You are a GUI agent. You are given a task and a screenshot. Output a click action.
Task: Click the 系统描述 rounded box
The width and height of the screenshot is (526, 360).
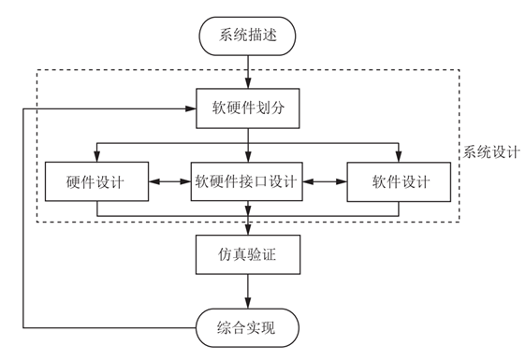[248, 37]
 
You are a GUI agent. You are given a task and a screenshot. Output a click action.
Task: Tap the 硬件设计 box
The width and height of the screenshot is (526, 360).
[96, 181]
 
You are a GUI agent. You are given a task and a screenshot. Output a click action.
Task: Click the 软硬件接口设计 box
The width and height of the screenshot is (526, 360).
[248, 181]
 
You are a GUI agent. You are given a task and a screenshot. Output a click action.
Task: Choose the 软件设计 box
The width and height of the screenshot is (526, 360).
[400, 181]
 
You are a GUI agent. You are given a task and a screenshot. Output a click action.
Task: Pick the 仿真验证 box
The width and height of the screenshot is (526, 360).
[248, 253]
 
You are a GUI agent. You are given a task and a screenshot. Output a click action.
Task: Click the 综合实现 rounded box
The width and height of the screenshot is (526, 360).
[248, 327]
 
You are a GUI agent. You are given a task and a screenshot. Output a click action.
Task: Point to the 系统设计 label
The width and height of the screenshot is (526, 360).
[491, 150]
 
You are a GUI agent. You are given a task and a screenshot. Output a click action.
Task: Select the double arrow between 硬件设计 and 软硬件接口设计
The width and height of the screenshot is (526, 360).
[169, 181]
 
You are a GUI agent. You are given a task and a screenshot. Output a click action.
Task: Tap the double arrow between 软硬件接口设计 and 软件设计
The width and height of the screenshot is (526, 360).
[326, 181]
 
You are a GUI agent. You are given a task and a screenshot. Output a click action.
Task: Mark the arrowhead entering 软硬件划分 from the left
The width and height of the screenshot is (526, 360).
[191, 108]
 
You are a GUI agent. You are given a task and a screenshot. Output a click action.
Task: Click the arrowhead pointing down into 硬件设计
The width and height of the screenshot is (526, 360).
[96, 156]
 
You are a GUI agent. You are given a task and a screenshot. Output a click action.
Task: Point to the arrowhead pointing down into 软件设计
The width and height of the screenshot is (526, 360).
[400, 156]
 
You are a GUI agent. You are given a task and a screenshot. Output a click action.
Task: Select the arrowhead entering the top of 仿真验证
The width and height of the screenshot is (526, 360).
[248, 229]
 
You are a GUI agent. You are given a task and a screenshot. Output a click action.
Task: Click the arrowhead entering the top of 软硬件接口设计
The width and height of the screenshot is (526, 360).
[248, 156]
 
